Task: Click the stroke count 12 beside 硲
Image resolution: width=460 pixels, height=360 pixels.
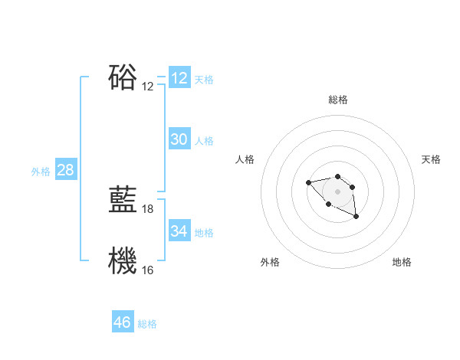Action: [148, 87]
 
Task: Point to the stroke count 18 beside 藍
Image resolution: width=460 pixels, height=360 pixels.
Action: [148, 209]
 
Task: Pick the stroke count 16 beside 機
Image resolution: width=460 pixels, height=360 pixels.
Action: [148, 270]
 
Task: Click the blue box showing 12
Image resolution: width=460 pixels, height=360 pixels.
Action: [179, 78]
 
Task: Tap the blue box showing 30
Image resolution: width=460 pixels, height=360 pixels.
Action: [179, 139]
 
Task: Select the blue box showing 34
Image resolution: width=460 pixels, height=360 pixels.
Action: [179, 231]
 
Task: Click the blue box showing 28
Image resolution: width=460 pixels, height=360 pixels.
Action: [65, 170]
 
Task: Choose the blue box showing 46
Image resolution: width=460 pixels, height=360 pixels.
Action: [123, 322]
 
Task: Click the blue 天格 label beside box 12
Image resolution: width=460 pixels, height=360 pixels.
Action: [204, 80]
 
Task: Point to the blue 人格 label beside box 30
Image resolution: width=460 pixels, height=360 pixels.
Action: [204, 141]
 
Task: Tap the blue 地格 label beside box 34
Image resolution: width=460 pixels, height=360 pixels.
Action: [204, 233]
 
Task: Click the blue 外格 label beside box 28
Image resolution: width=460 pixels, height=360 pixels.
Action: [41, 172]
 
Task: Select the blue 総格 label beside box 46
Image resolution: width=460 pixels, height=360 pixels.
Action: [147, 324]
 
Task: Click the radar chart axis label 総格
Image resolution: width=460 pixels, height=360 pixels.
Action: [338, 100]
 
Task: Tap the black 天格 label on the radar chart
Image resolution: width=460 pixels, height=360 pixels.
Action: [432, 159]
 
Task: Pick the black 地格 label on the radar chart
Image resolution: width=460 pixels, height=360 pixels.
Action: [402, 262]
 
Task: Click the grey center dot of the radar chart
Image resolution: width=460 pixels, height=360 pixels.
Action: [338, 191]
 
